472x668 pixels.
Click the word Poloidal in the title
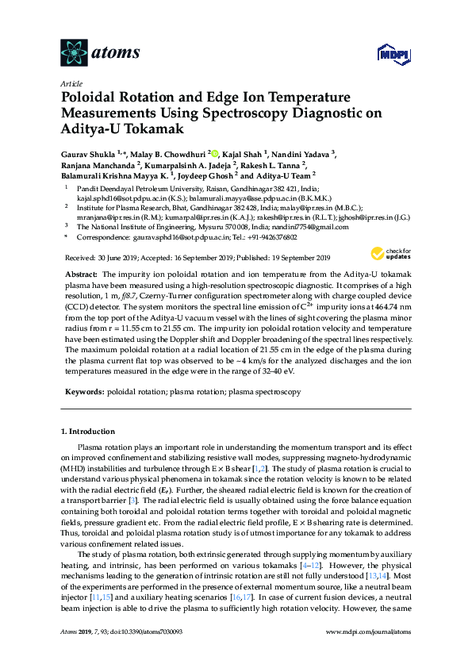(90, 98)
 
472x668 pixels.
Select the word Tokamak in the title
(152, 128)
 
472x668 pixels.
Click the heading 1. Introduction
(88, 432)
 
